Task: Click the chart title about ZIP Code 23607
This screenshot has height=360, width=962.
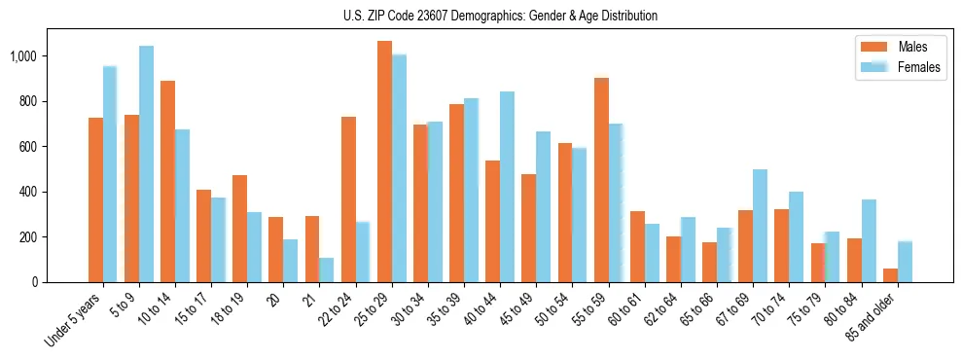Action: (500, 16)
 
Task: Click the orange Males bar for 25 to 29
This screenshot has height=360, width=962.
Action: (384, 162)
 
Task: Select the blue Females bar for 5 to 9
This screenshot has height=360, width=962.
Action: (146, 163)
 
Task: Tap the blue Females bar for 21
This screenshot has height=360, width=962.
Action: (327, 270)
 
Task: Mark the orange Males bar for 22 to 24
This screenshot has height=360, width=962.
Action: (348, 199)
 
